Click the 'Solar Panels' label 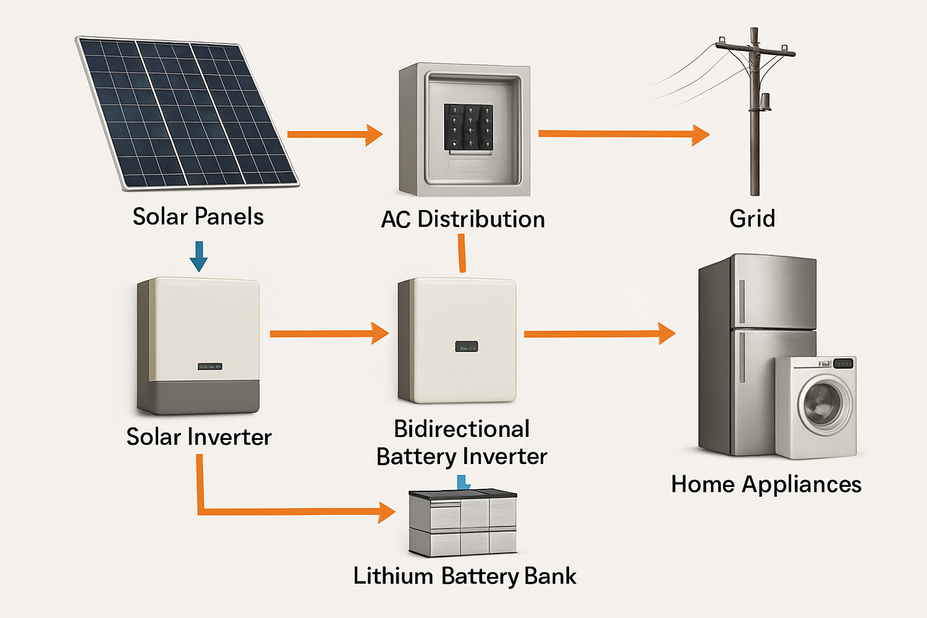(x=198, y=217)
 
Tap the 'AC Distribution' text (x=463, y=219)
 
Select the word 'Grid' (x=752, y=219)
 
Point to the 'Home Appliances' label (x=766, y=485)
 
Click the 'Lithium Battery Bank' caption (x=465, y=576)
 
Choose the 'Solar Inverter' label (x=198, y=437)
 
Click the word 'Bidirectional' (x=462, y=429)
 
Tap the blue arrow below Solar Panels (x=198, y=256)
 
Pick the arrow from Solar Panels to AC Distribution (x=334, y=134)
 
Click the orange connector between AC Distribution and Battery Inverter (x=462, y=253)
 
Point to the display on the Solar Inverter (x=210, y=366)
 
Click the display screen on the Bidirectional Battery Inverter (x=467, y=347)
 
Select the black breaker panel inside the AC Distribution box (x=469, y=127)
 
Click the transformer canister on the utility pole (x=765, y=102)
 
